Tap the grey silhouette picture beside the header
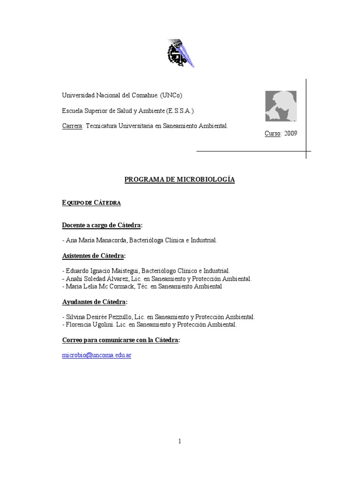point(281,106)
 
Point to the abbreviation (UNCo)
point(175,95)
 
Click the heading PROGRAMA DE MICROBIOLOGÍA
point(180,180)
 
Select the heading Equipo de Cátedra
point(91,202)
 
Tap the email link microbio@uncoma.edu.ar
point(97,355)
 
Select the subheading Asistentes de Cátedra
point(94,256)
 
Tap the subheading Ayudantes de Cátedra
point(94,301)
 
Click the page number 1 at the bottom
point(180,441)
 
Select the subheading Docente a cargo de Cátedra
point(102,225)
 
